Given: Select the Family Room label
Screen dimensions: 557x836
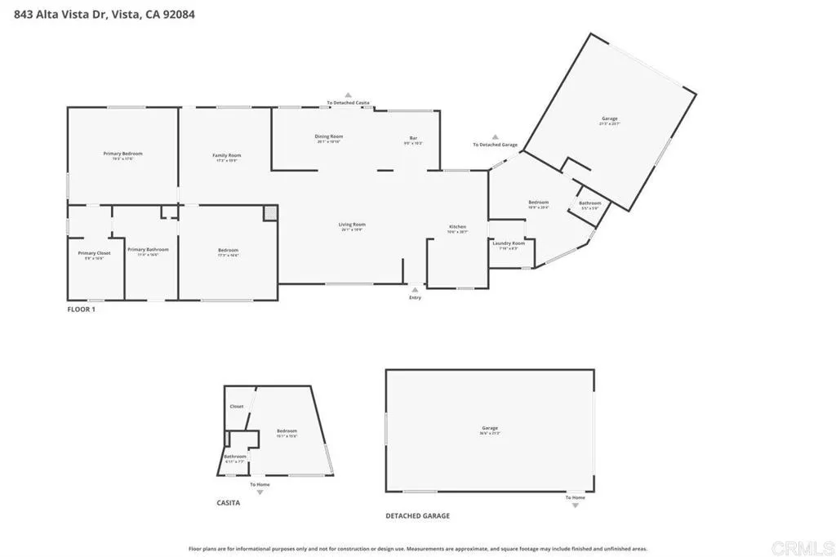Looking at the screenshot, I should [227, 155].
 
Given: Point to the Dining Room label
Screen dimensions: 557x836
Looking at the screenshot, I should [329, 136].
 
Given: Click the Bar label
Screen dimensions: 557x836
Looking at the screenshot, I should [413, 137].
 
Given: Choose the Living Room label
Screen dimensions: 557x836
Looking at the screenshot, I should [353, 224].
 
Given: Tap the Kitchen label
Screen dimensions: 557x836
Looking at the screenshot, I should [457, 226].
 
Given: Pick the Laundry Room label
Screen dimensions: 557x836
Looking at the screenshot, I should [508, 243].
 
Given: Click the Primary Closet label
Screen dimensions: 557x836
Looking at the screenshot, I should [94, 253].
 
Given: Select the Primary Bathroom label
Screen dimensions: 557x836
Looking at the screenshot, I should [148, 249].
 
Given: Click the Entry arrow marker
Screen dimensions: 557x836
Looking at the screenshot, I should [415, 288].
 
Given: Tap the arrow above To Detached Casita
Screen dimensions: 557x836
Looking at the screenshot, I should [348, 95].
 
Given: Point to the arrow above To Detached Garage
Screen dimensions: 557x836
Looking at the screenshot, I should [495, 136].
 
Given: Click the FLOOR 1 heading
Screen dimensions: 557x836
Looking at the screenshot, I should [81, 310].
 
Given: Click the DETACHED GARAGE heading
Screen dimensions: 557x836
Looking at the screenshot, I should [417, 516].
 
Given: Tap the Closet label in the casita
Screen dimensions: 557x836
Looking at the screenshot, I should [237, 406].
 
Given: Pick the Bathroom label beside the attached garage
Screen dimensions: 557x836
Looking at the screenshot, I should [589, 203].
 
